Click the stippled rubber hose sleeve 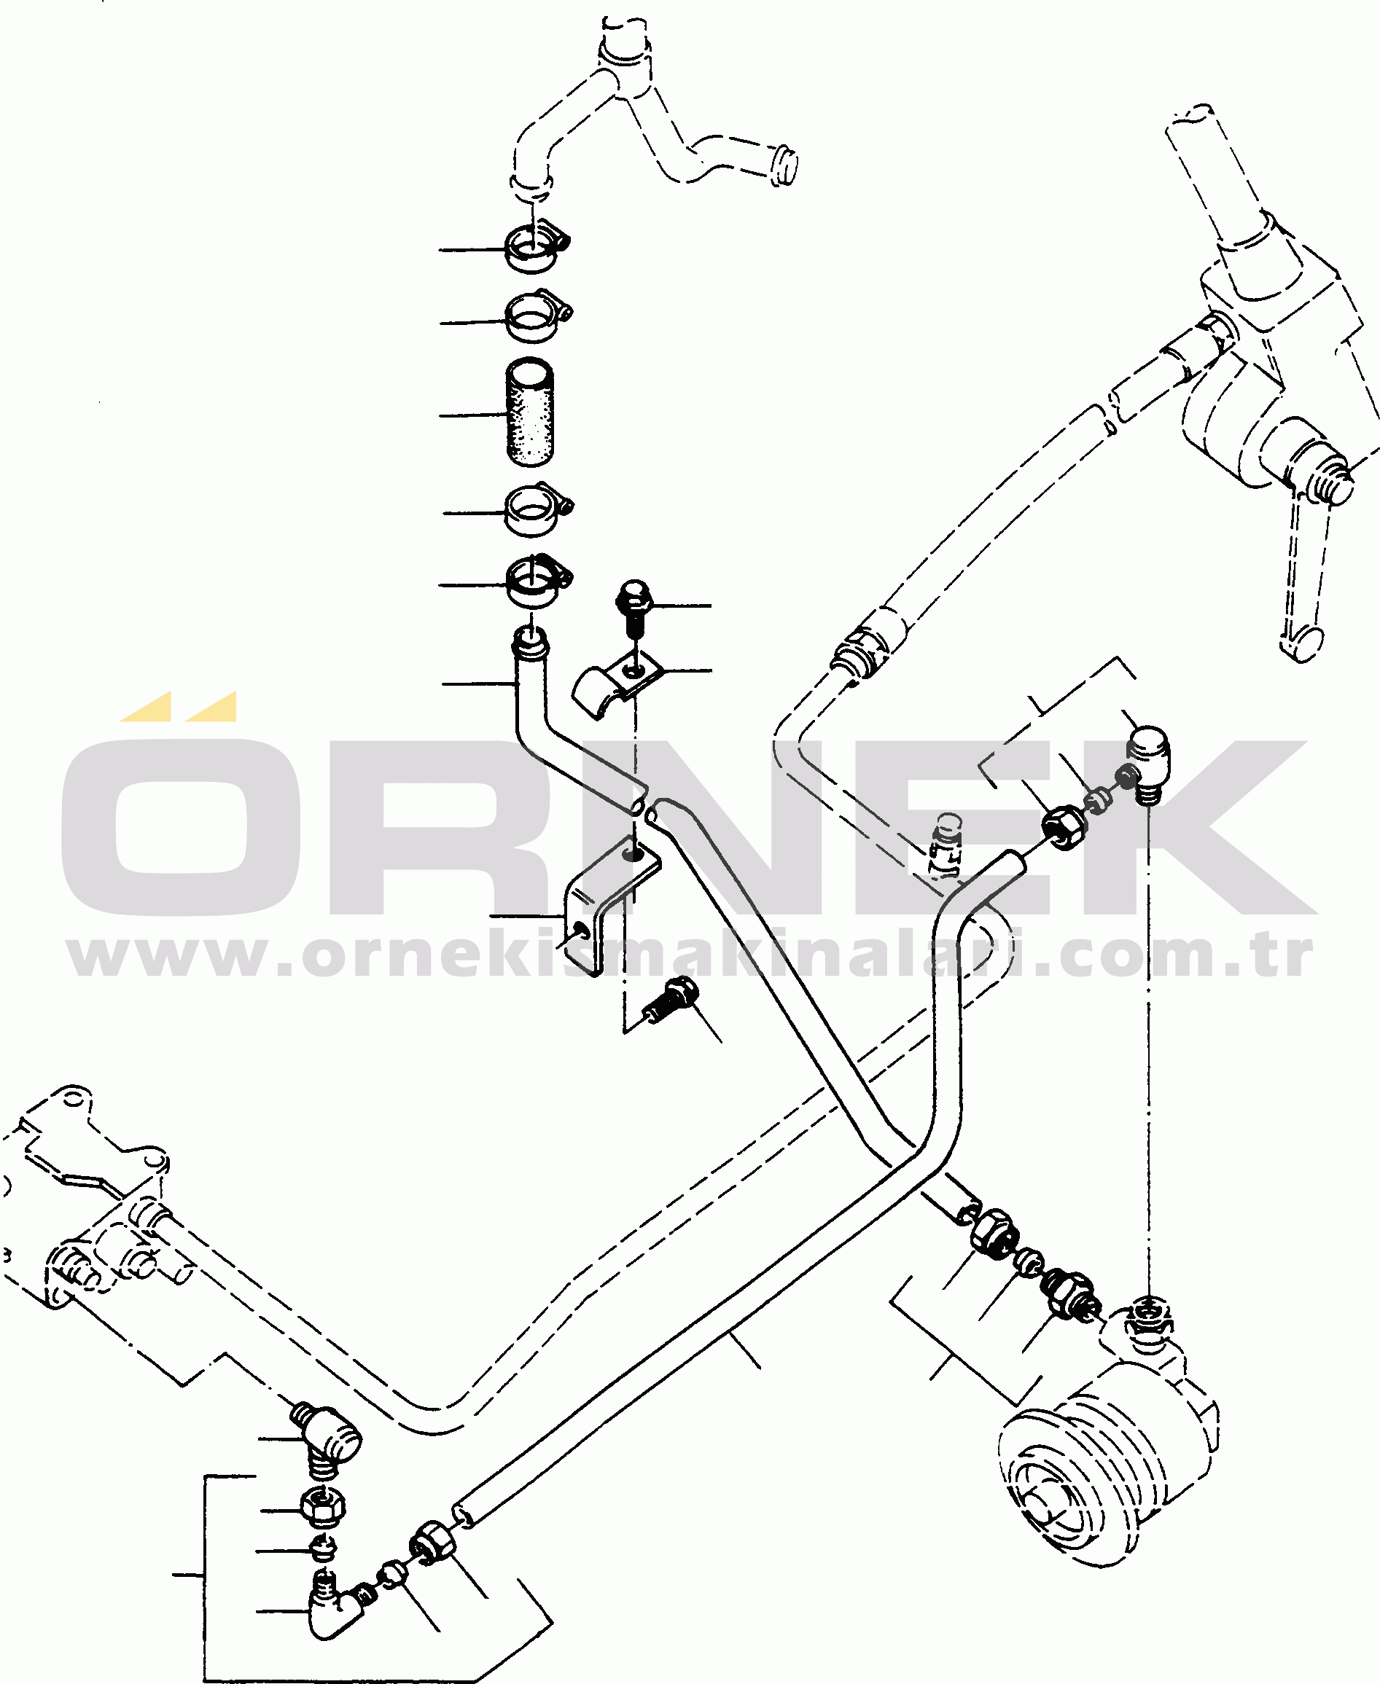pyautogui.click(x=530, y=412)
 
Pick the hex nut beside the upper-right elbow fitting pyautogui.click(x=1064, y=827)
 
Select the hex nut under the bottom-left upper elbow pyautogui.click(x=322, y=1505)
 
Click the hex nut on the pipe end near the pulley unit pyautogui.click(x=994, y=1234)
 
